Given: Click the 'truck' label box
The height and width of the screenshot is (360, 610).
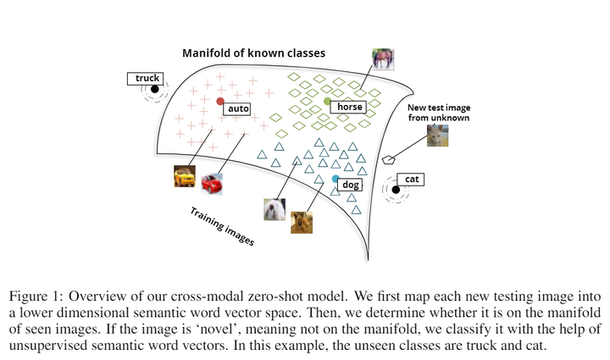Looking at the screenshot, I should click(x=147, y=79).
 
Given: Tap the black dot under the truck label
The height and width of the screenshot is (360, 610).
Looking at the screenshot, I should click(x=155, y=90).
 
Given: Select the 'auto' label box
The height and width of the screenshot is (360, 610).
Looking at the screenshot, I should click(x=236, y=108).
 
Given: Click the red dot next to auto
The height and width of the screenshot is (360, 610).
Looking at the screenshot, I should click(x=220, y=102).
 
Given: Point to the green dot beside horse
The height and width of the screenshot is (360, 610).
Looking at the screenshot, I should click(x=328, y=102).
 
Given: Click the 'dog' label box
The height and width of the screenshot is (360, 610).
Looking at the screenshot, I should click(x=352, y=184).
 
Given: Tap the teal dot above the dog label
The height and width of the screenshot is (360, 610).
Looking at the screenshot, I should click(x=335, y=180).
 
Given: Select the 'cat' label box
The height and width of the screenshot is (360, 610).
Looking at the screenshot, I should click(x=413, y=180).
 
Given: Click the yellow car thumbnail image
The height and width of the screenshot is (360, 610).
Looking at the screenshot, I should click(x=184, y=175).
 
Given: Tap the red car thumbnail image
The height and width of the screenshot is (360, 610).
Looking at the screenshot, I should click(x=211, y=184).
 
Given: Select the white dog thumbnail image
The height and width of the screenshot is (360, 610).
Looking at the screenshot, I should click(x=274, y=209).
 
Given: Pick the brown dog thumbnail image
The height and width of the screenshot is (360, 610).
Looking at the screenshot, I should click(x=302, y=221).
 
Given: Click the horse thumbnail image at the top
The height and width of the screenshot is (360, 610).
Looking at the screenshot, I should click(x=383, y=59).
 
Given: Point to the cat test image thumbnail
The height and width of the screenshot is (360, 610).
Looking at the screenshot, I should click(x=438, y=136).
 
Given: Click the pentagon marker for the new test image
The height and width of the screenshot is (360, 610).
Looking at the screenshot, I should click(x=389, y=158).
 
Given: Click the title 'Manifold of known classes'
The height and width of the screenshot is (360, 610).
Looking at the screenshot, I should click(x=254, y=53).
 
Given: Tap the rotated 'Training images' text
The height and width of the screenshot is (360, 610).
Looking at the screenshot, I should click(x=221, y=225).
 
